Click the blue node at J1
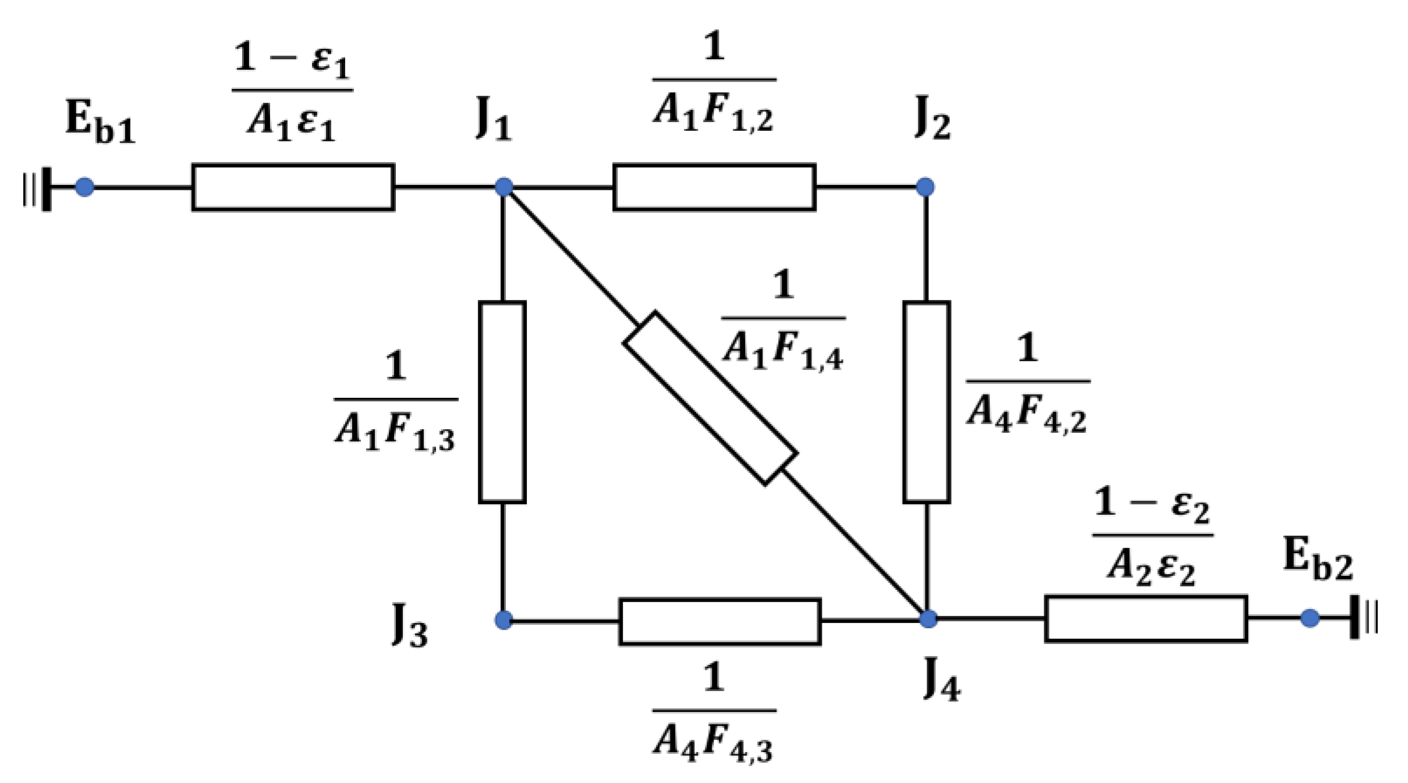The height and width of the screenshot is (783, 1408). pos(503,187)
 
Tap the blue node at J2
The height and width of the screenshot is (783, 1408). pos(925,187)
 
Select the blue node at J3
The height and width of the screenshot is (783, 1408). pos(503,620)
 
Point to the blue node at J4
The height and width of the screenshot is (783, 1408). pos(928,618)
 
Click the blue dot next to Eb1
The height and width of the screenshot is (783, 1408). pos(85,187)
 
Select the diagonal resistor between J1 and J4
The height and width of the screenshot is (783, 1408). pos(710,398)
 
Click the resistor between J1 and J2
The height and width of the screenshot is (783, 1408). pos(714,187)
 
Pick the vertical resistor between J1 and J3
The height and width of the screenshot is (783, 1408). pos(502,402)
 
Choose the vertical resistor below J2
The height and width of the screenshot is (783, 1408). pos(927,402)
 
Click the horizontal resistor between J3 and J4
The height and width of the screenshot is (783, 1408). pos(720,621)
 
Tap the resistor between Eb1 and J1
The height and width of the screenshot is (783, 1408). pos(293,187)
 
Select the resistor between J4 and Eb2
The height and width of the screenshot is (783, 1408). pos(1145,618)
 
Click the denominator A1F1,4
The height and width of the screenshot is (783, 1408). pos(783,352)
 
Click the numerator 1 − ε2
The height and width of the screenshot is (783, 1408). pos(1152,504)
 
